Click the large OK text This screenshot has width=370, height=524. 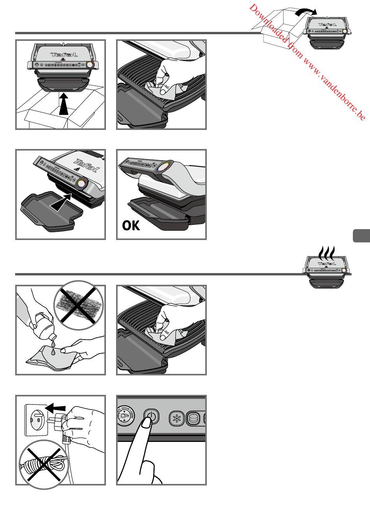[131, 225]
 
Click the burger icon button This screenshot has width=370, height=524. [194, 419]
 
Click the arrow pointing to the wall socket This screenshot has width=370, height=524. [55, 408]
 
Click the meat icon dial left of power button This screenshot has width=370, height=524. [125, 417]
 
